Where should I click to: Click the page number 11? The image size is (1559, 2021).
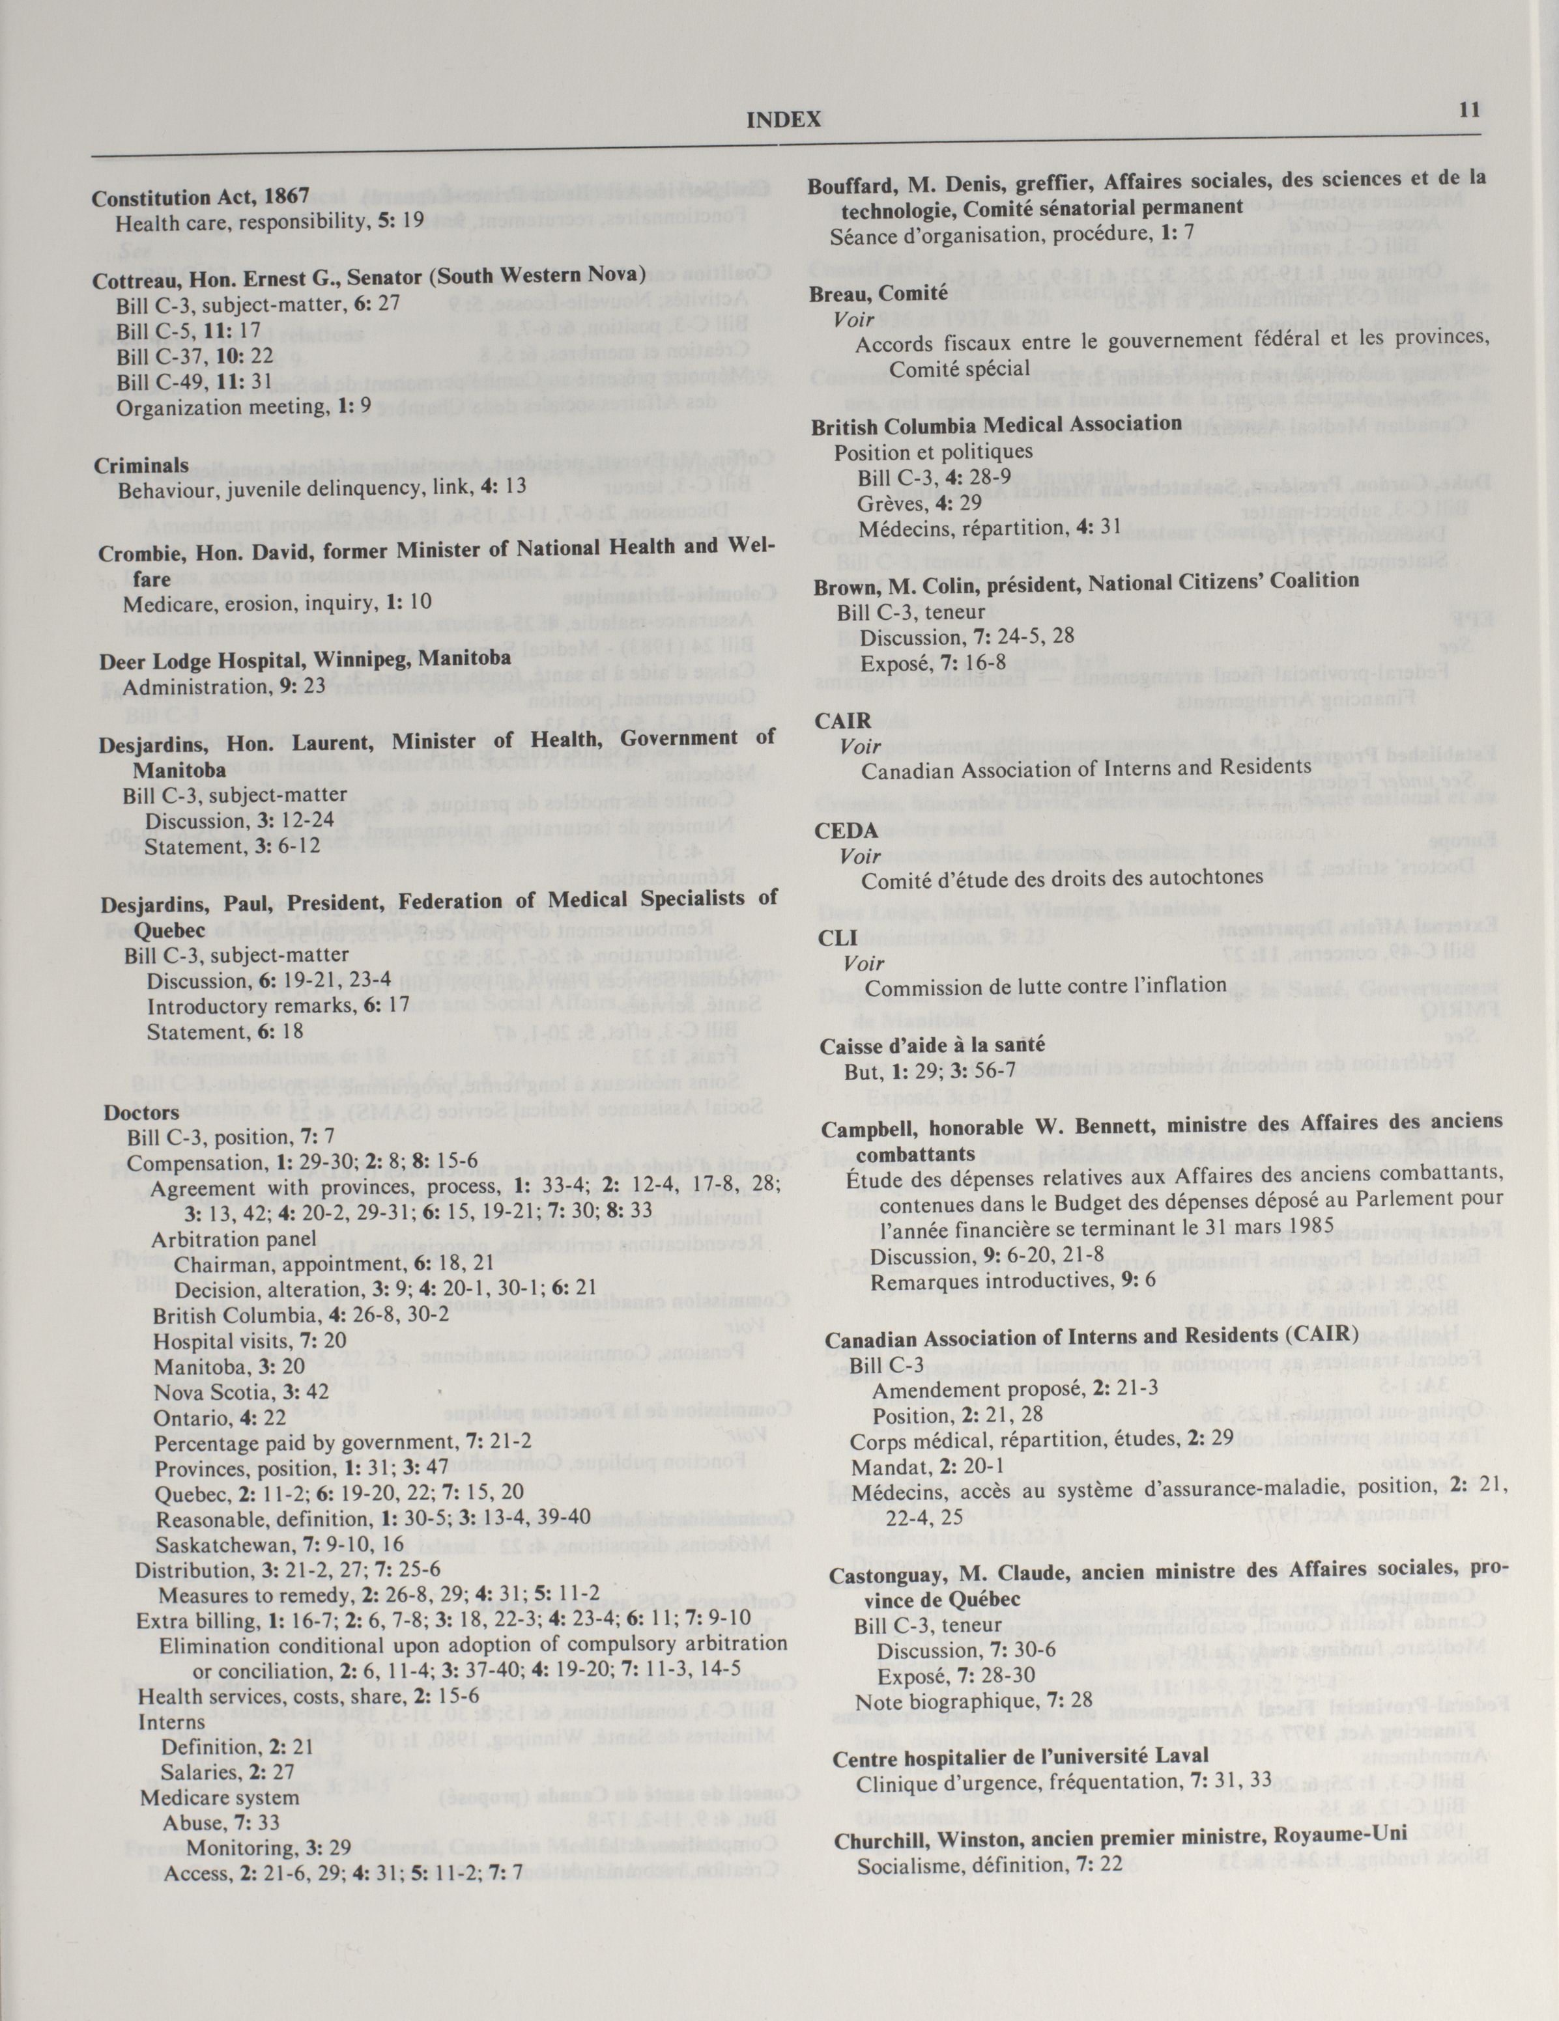point(1469,109)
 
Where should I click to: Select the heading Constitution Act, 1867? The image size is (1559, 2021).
point(200,197)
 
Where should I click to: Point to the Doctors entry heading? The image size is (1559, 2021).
point(141,1112)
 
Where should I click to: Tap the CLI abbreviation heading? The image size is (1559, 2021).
point(838,938)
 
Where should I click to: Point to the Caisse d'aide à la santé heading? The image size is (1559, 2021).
point(932,1046)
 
